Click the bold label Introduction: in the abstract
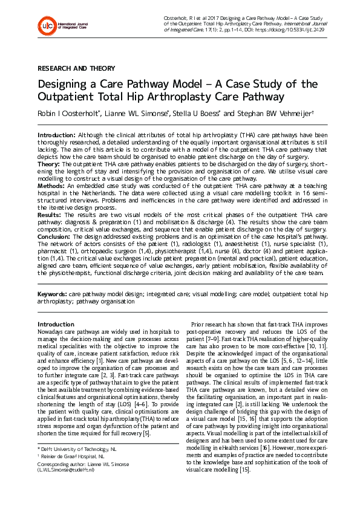click(57, 135)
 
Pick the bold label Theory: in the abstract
click(50, 163)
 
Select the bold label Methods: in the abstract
click(53, 187)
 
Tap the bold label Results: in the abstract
click(51, 215)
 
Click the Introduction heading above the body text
click(56, 324)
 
